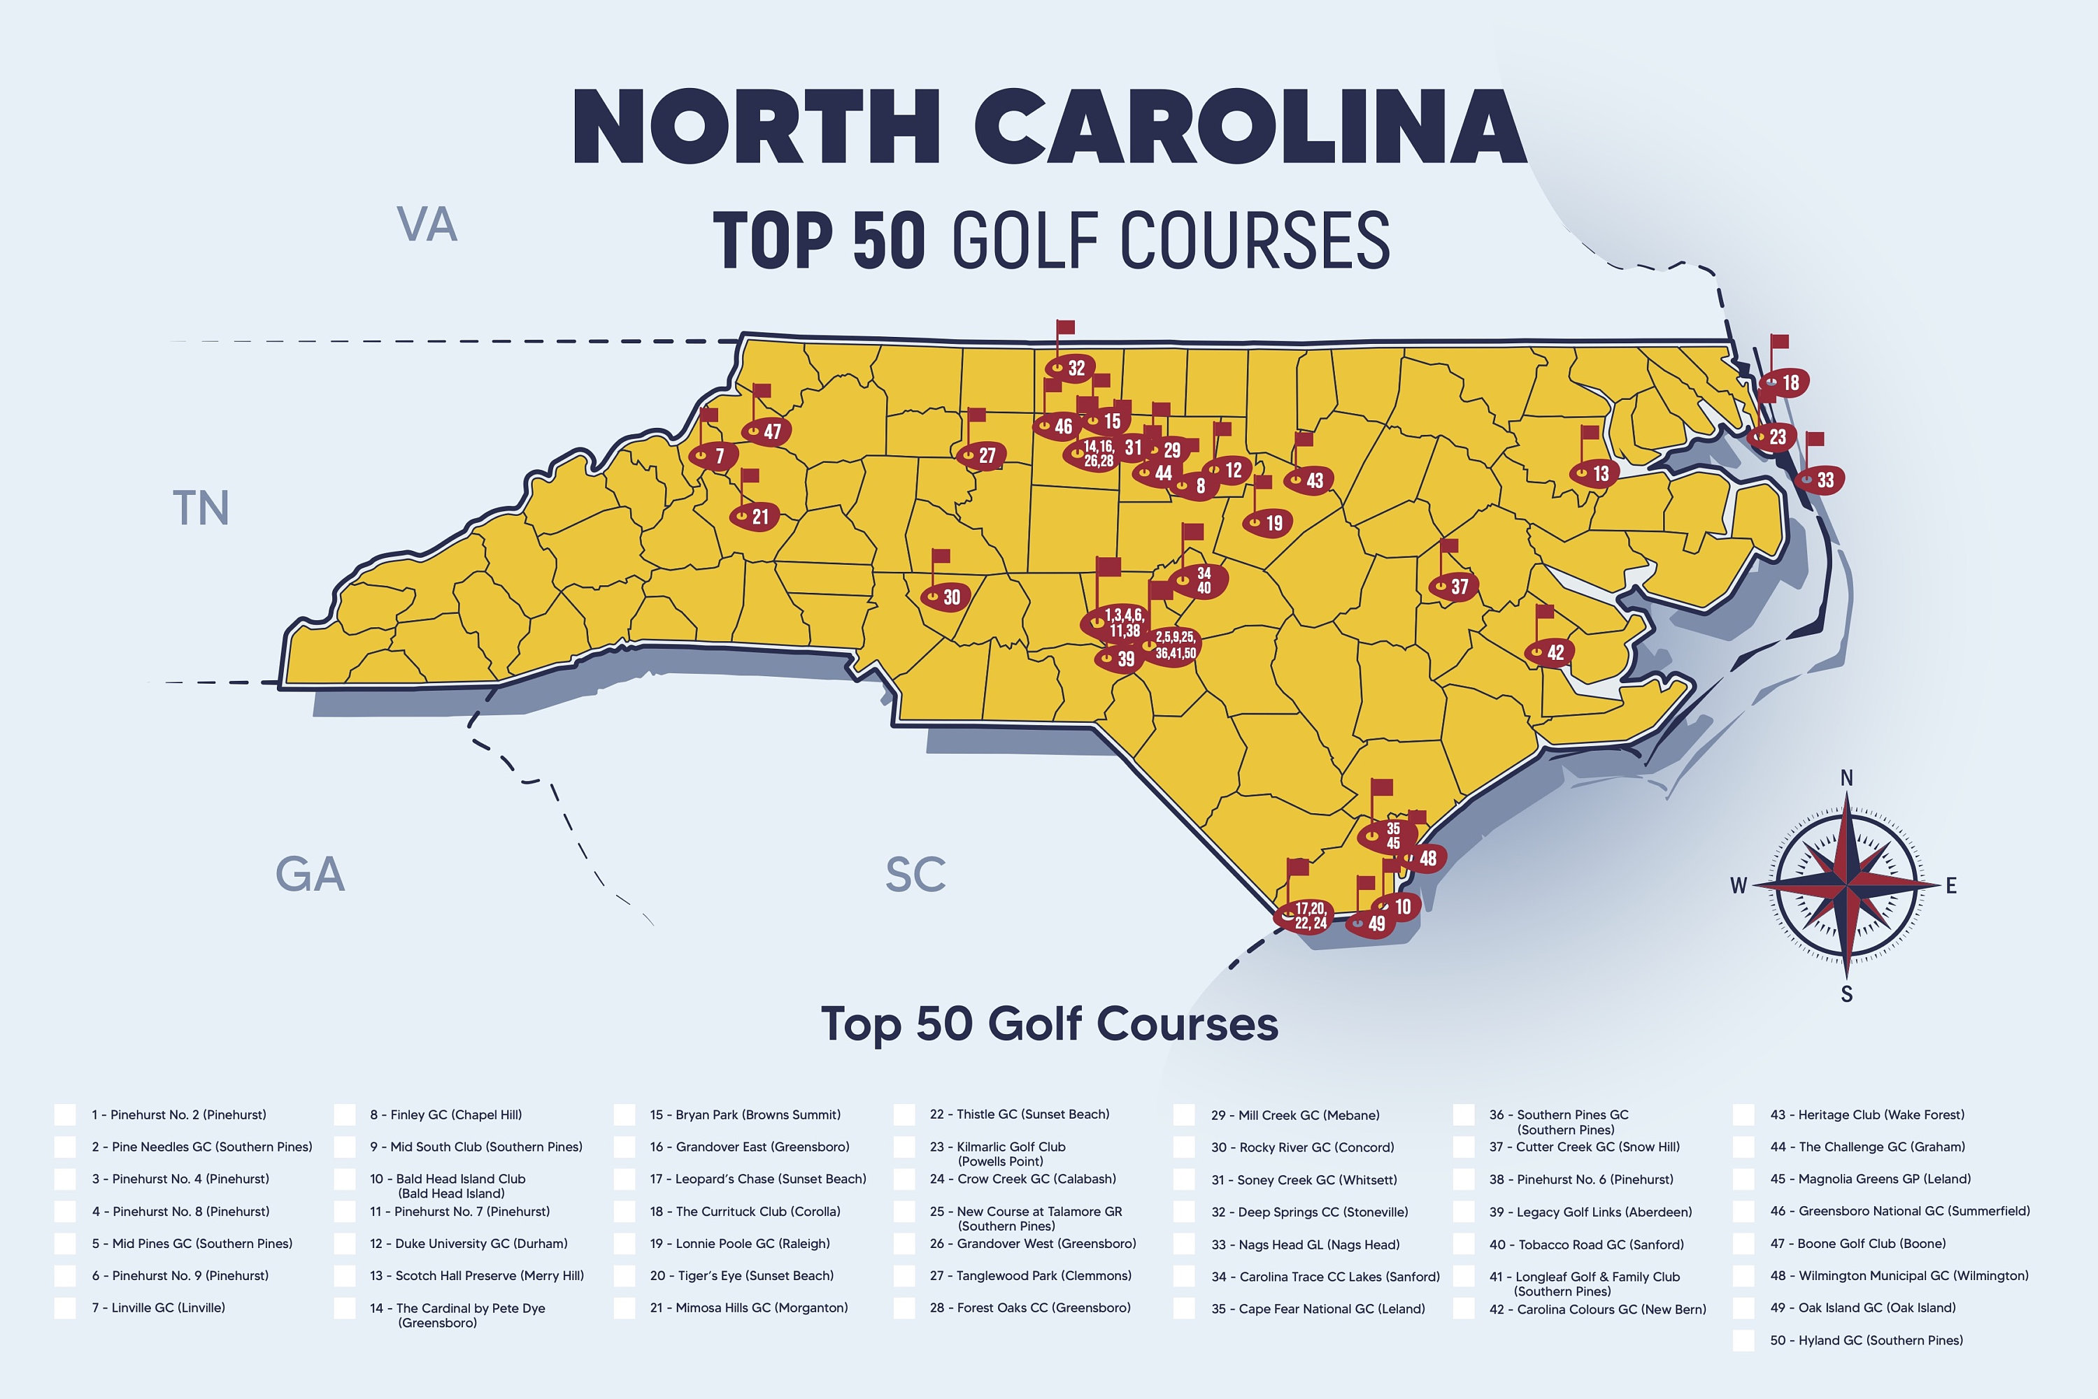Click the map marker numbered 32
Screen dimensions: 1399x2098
(1071, 368)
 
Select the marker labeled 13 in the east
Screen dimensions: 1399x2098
(1594, 474)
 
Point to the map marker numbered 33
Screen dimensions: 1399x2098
(1819, 480)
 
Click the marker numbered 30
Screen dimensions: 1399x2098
(945, 597)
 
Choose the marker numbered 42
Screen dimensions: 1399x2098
(1548, 652)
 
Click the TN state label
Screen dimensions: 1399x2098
(201, 508)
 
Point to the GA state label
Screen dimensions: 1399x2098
(310, 875)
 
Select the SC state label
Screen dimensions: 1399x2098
(915, 875)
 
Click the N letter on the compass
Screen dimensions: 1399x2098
(1846, 778)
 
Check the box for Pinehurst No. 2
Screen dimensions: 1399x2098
(65, 1114)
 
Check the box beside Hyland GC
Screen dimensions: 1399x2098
(1743, 1340)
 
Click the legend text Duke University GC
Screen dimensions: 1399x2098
(469, 1244)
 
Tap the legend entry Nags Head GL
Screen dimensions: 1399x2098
(1306, 1244)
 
